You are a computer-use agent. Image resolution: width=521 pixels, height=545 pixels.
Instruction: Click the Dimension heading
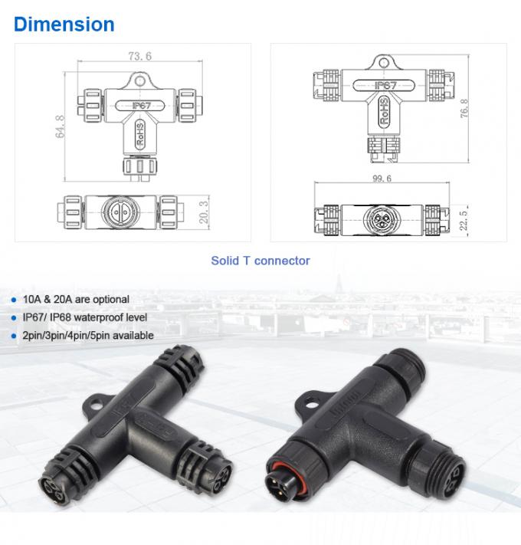(x=64, y=24)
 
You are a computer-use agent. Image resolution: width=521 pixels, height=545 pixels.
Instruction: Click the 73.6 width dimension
(x=139, y=56)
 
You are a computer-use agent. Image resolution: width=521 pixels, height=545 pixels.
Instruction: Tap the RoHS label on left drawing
(x=140, y=133)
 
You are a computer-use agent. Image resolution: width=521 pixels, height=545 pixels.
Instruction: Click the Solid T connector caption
(x=260, y=261)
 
